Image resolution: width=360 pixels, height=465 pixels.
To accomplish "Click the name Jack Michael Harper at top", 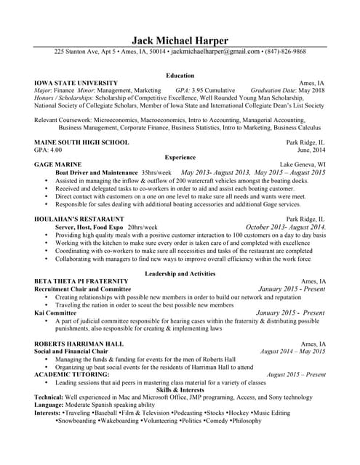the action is [180, 40].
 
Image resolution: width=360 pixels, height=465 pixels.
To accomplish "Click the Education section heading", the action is [180, 76].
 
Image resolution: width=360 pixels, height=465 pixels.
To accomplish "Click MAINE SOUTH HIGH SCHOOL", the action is [81, 142].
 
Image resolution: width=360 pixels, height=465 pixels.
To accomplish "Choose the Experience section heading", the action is [180, 157].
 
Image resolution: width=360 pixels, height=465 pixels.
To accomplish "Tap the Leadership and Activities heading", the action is [180, 273].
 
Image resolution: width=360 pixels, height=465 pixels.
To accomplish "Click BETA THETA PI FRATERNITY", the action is [81, 280].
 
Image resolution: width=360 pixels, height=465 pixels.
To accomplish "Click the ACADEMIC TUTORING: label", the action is [72, 374].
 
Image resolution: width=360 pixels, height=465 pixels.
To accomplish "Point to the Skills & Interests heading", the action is [180, 390].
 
